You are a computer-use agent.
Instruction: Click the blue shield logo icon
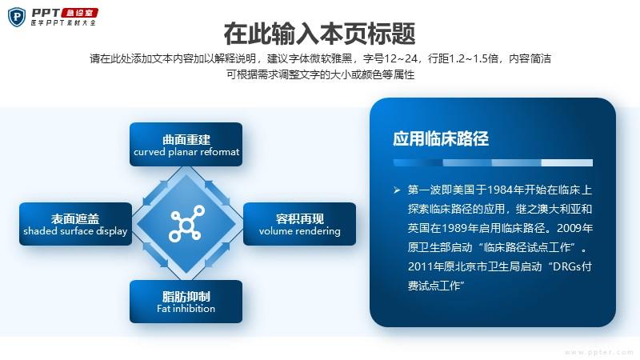(x=17, y=17)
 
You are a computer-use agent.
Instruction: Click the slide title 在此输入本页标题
(x=319, y=34)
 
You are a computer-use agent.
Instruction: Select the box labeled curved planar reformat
(x=186, y=145)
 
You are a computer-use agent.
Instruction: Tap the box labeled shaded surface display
(x=75, y=224)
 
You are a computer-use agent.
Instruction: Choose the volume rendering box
(x=299, y=224)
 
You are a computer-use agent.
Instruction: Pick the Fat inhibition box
(x=186, y=302)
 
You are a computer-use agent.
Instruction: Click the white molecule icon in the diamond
(x=186, y=223)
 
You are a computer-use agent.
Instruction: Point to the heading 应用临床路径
(x=441, y=138)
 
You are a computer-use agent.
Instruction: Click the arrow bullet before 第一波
(x=397, y=190)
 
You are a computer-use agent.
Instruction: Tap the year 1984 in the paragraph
(x=501, y=190)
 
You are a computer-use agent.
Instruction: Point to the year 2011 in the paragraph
(x=421, y=266)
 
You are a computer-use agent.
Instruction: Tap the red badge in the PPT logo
(x=79, y=13)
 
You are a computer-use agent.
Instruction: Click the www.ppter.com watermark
(x=599, y=352)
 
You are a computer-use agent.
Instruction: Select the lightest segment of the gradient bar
(x=567, y=163)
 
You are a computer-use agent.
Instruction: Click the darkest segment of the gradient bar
(x=418, y=163)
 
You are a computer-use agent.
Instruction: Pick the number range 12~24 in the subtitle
(x=401, y=58)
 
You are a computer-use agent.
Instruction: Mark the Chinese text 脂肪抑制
(x=186, y=296)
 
